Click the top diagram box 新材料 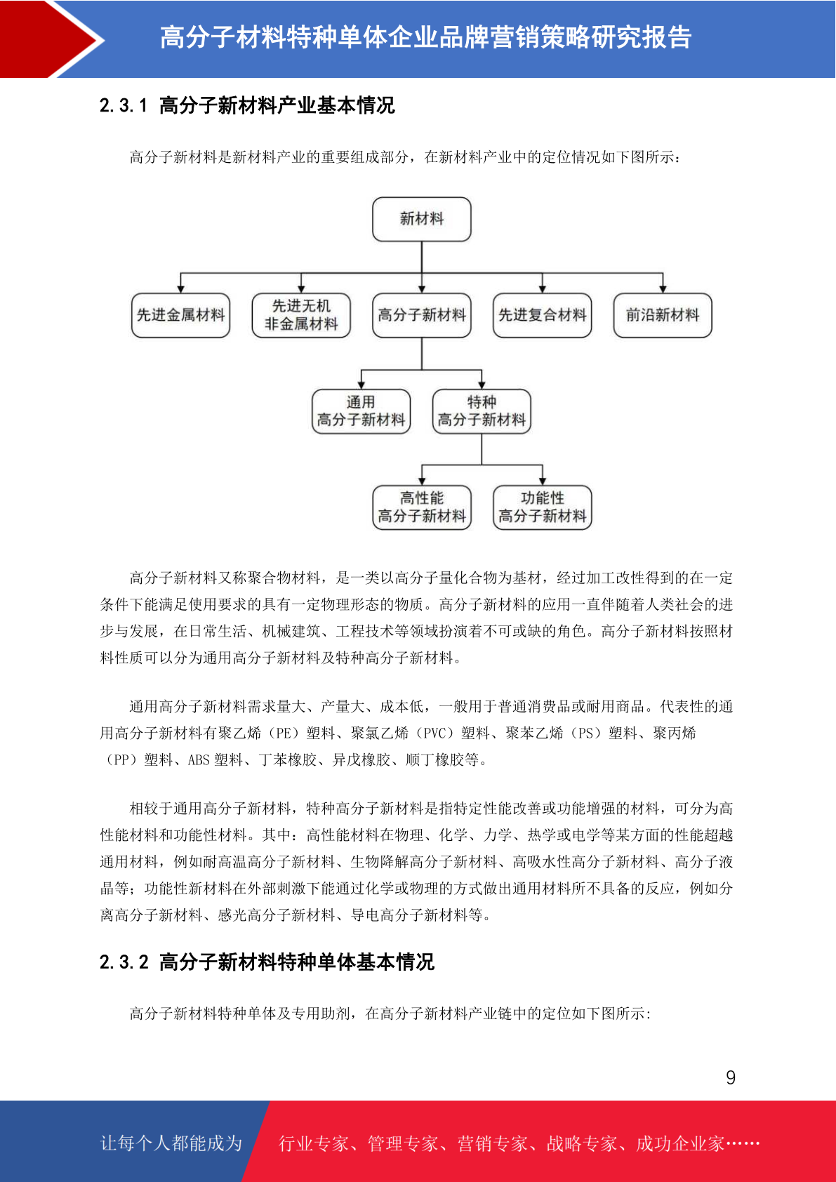click(x=422, y=219)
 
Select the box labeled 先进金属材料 click(x=180, y=315)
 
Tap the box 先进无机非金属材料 click(x=301, y=315)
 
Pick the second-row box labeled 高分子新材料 click(x=422, y=315)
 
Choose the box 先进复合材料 click(x=542, y=315)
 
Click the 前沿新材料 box click(x=663, y=315)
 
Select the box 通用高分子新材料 click(x=361, y=411)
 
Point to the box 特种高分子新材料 click(x=482, y=411)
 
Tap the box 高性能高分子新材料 click(x=422, y=507)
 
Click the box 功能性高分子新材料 click(x=542, y=507)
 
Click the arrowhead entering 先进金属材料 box click(x=180, y=289)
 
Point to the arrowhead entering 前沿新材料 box click(x=663, y=289)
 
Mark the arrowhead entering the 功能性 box click(x=542, y=482)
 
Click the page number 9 click(x=731, y=1077)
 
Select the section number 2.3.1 click(x=124, y=105)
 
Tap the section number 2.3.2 click(x=124, y=962)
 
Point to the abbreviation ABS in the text click(x=199, y=760)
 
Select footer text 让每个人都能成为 click(x=171, y=1143)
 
